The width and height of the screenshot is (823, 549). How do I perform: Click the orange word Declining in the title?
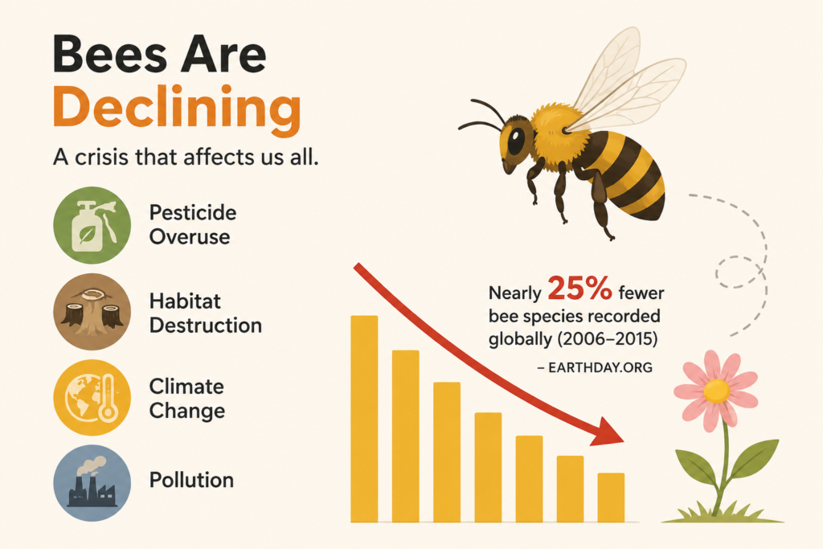tap(177, 109)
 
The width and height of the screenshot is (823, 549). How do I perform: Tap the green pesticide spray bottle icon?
tap(92, 225)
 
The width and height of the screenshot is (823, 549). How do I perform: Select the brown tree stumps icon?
tap(92, 312)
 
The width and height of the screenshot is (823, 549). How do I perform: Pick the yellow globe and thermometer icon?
tap(92, 398)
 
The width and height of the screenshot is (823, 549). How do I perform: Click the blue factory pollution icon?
tap(92, 483)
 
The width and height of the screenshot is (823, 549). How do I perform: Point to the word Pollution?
tap(191, 480)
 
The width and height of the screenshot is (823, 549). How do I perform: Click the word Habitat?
tap(186, 301)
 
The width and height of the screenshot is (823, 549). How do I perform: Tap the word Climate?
tap(186, 387)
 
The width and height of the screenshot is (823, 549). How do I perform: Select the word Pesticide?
tap(193, 212)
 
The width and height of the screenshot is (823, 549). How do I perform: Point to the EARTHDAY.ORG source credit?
tap(595, 368)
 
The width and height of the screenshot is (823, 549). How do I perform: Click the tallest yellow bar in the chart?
tap(364, 419)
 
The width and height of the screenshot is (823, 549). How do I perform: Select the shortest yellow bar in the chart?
tap(611, 498)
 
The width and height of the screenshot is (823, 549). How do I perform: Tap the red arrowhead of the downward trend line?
tap(608, 432)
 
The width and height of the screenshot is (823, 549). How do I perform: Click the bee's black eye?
tap(515, 141)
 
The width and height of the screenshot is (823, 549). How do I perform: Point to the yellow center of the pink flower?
tap(716, 391)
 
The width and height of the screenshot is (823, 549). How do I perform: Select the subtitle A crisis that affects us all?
tap(186, 158)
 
